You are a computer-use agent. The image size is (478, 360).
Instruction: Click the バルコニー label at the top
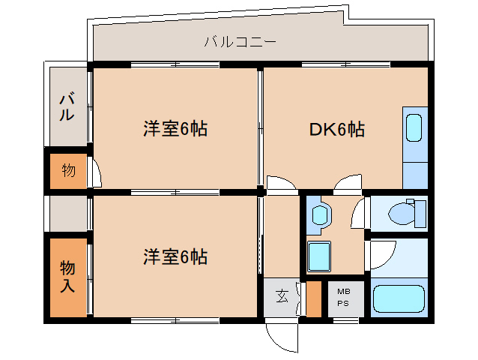tap(240, 41)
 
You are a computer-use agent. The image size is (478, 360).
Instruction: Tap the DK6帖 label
tap(337, 130)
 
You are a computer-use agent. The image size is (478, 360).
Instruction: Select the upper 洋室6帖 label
tap(175, 129)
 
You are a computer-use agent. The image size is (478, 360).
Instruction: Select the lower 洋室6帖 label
tap(175, 257)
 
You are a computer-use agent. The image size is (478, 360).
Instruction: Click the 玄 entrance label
tap(281, 296)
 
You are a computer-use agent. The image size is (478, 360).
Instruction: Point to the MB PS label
tap(343, 297)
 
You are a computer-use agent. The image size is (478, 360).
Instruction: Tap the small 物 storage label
tap(68, 170)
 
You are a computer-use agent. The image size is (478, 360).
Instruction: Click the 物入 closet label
tap(67, 275)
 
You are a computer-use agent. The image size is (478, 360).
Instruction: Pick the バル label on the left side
tap(67, 106)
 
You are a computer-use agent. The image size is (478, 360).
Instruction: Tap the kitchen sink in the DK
tap(414, 129)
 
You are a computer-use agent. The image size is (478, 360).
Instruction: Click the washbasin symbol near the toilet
tap(321, 214)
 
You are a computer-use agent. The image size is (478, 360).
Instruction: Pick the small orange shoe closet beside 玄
tap(314, 298)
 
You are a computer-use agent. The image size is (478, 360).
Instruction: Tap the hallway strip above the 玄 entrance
tap(281, 236)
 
